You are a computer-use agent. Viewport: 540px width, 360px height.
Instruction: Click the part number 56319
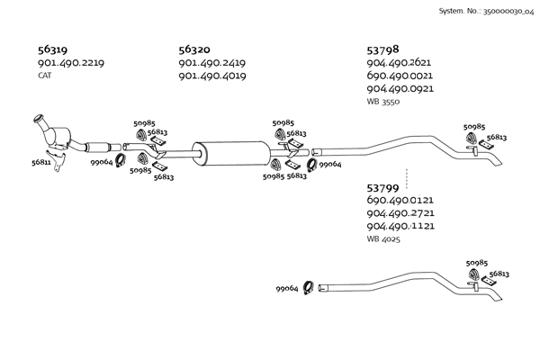tap(53, 50)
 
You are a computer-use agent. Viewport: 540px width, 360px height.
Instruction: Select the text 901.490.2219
tap(71, 63)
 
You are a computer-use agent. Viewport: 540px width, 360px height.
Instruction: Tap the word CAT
tap(44, 76)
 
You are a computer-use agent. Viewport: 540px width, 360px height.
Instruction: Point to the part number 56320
tap(194, 50)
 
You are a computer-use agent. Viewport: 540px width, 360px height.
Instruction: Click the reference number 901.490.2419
tap(212, 63)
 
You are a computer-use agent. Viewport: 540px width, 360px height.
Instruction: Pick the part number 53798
tap(383, 50)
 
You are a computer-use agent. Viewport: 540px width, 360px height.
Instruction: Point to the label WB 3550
tap(383, 102)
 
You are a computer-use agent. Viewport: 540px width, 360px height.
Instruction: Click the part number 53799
tap(383, 187)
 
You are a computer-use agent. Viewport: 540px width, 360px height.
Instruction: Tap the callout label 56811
tap(41, 163)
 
